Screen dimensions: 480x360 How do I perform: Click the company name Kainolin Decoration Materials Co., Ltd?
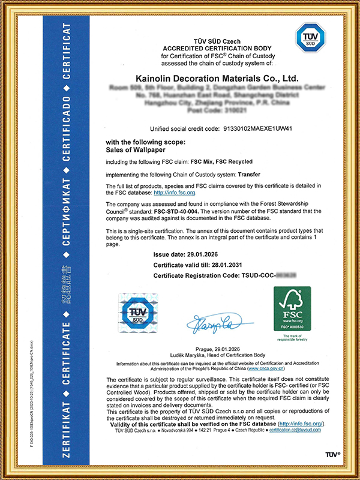208,79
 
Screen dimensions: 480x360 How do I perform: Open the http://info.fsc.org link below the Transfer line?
175,193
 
